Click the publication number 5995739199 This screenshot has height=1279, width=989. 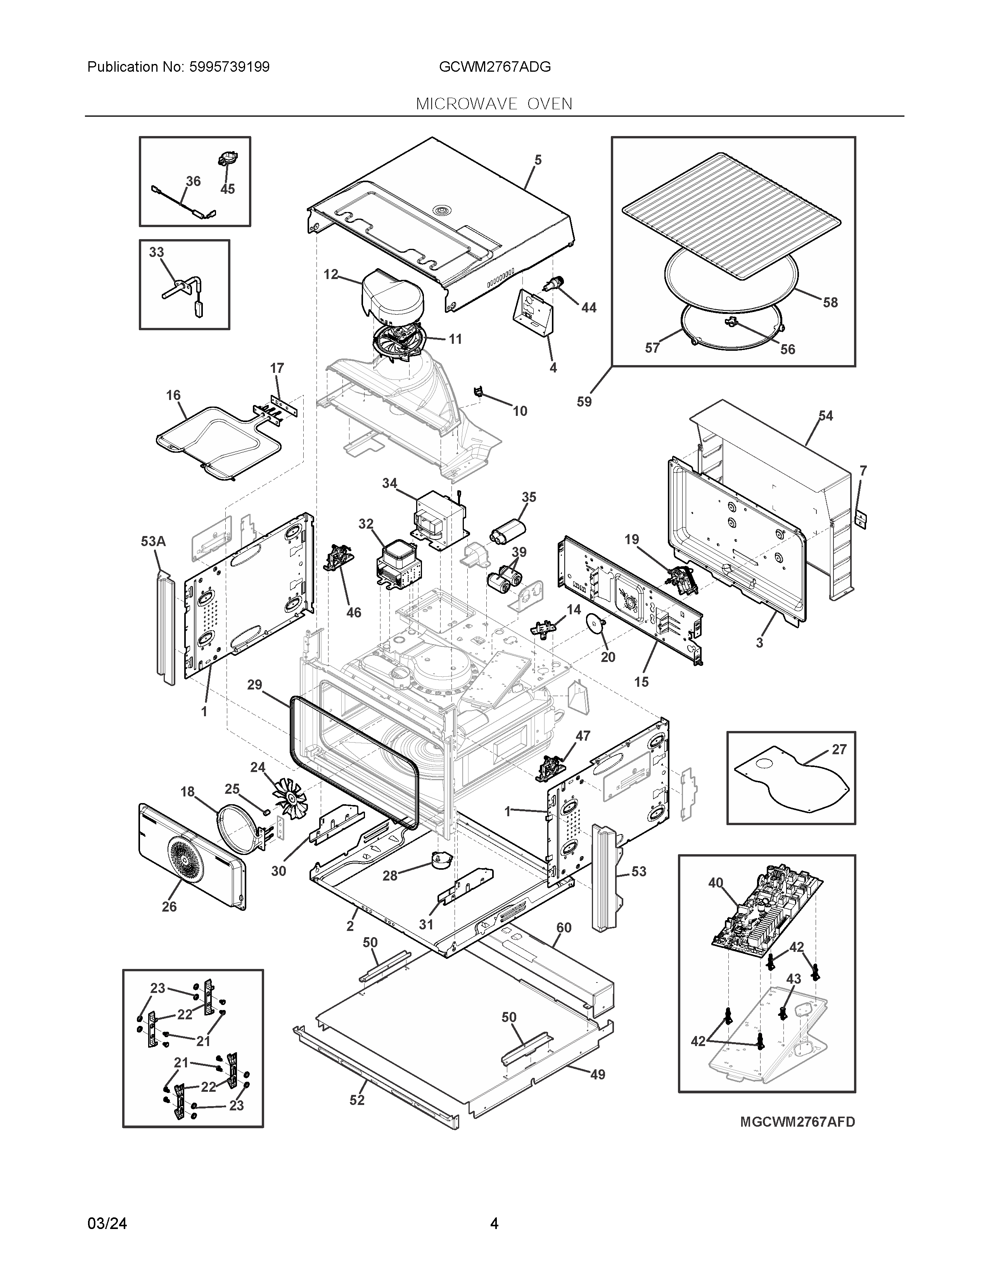[x=229, y=67]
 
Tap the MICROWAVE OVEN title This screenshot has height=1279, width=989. [x=494, y=104]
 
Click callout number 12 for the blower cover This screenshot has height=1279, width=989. [x=331, y=274]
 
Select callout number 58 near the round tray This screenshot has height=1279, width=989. [x=830, y=302]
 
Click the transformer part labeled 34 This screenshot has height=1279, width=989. [x=439, y=518]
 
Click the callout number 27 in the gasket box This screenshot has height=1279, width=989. [x=839, y=749]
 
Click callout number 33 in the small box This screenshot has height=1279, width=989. [x=156, y=252]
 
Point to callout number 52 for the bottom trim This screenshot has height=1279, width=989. [x=357, y=1100]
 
